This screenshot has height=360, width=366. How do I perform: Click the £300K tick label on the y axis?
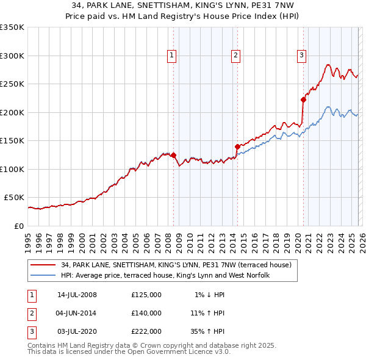click(x=12, y=56)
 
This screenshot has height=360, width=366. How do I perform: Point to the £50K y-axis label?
click(x=14, y=198)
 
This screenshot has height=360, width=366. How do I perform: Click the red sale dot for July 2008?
click(x=174, y=155)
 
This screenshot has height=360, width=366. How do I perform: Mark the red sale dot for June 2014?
click(x=237, y=146)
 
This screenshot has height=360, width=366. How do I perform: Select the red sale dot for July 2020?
click(x=303, y=99)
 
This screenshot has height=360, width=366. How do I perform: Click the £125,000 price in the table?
click(x=146, y=295)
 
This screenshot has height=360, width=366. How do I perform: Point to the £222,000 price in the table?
click(x=146, y=331)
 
